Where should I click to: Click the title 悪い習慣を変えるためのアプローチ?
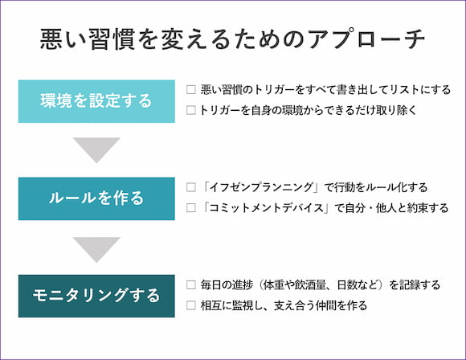point(232,39)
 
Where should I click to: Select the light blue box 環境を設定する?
point(96,101)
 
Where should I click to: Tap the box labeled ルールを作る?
point(96,198)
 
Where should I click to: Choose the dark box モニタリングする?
point(96,296)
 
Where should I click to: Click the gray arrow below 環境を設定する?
point(96,149)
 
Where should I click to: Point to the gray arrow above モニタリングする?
point(96,248)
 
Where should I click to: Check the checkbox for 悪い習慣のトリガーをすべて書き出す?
point(190,89)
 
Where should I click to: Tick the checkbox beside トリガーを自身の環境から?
point(190,110)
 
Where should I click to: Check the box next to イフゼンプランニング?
point(190,187)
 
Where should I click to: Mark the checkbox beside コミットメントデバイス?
point(190,208)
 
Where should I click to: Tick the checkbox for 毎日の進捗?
point(190,284)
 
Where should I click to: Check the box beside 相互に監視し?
point(190,305)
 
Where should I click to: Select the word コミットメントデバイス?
point(266,208)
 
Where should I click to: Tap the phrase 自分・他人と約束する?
point(396,208)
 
